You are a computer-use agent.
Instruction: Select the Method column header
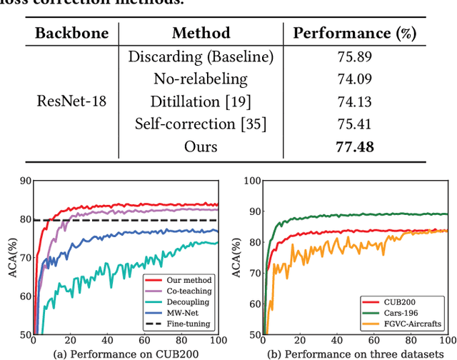click(x=201, y=33)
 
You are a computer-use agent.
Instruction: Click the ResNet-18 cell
click(x=71, y=101)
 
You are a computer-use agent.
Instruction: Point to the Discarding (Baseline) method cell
click(x=201, y=56)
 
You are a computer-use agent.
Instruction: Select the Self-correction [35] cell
click(x=201, y=124)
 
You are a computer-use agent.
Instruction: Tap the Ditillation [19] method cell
click(x=201, y=101)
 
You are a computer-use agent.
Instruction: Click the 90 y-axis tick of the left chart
click(x=26, y=181)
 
